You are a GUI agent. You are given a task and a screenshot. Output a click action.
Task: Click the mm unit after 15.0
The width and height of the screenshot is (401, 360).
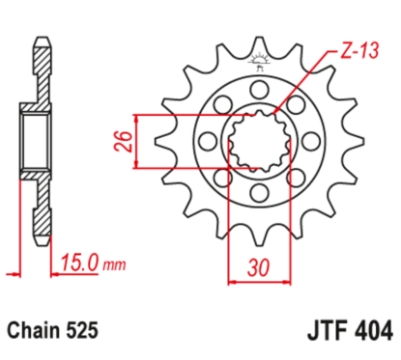coord(115,261)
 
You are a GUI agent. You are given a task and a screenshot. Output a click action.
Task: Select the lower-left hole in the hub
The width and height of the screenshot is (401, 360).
coord(220,183)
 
